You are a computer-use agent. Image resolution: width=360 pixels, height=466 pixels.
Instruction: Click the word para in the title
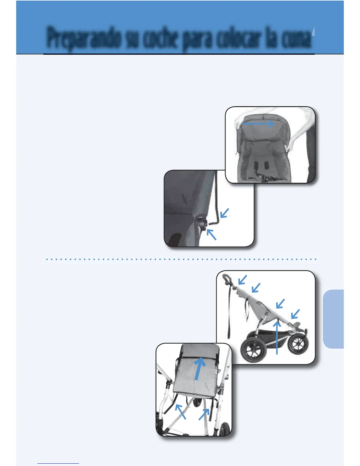pyautogui.click(x=196, y=40)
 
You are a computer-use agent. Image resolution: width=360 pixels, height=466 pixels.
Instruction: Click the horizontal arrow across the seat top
pyautogui.click(x=258, y=124)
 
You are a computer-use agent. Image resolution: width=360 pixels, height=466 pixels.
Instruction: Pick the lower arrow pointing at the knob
pyautogui.click(x=211, y=234)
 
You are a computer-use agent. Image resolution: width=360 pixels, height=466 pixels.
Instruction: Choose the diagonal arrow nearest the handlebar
pyautogui.click(x=242, y=280)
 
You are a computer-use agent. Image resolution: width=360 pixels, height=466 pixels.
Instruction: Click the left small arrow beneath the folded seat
pyautogui.click(x=180, y=411)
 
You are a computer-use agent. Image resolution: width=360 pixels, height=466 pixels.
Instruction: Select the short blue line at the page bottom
pyautogui.click(x=58, y=463)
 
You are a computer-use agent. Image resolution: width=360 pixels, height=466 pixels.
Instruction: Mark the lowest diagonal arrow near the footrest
pyautogui.click(x=295, y=314)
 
